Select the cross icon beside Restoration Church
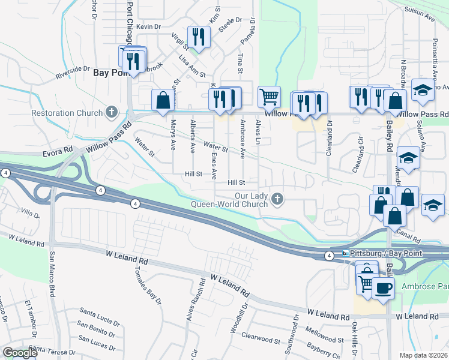110,112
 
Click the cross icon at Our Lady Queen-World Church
277,198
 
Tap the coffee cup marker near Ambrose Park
383,287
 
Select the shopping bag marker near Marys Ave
163,100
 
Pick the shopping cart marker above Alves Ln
269,96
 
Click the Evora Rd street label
58,153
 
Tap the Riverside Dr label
72,72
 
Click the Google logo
20,353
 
